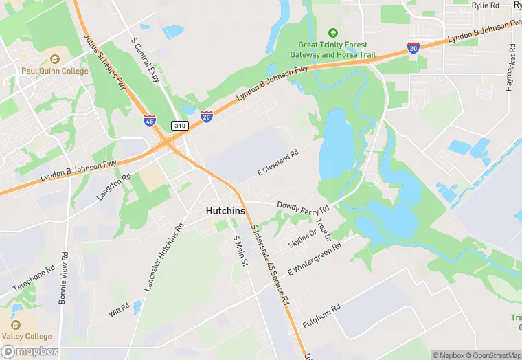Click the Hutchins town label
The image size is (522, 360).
(x=225, y=212)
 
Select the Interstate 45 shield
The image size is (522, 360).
(x=150, y=120)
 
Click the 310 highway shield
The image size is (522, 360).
(x=180, y=126)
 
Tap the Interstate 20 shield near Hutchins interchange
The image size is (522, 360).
(x=206, y=117)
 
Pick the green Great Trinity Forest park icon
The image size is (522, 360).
(x=333, y=33)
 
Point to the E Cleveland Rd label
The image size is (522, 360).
(x=278, y=163)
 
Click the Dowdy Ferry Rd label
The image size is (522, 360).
(x=303, y=206)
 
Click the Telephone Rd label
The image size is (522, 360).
(x=32, y=278)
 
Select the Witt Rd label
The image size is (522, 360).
(x=119, y=310)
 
